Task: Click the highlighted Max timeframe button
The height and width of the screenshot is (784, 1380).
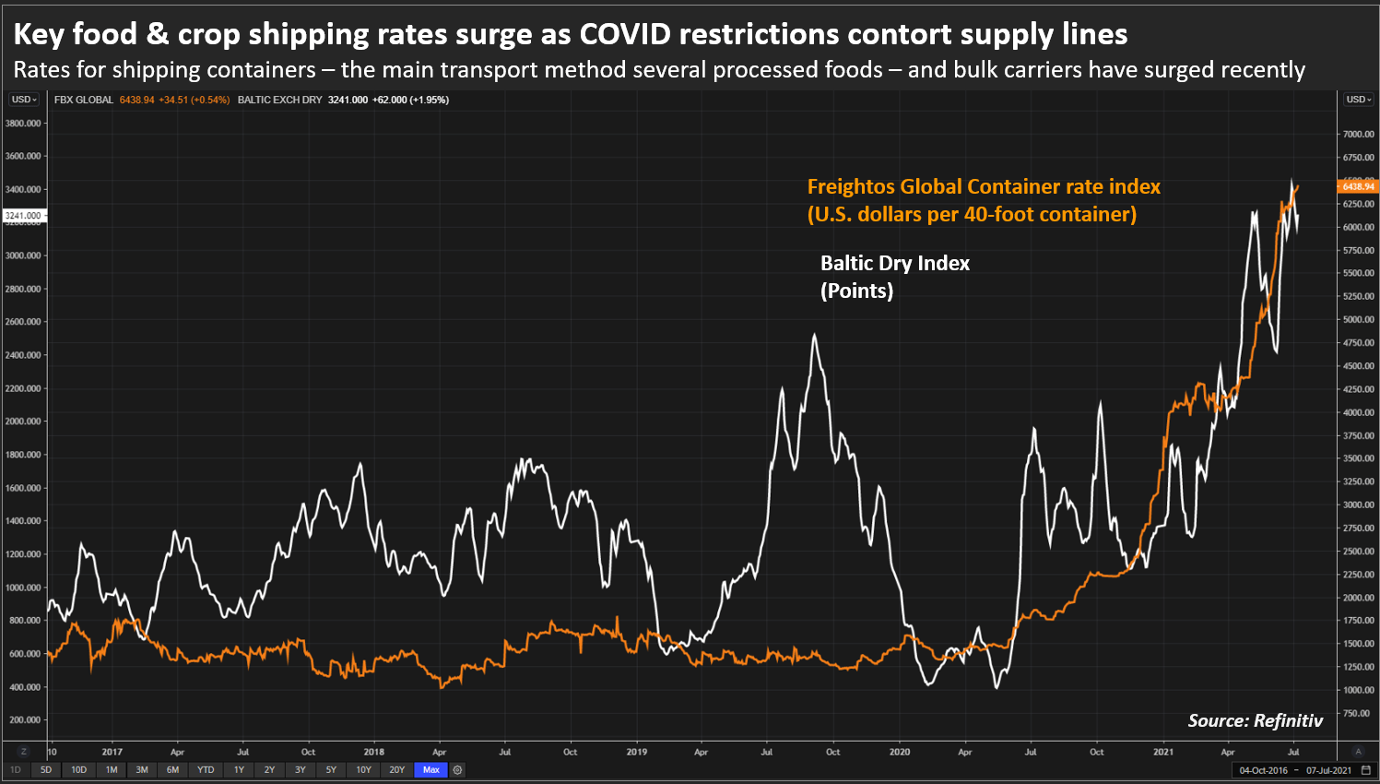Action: click(x=431, y=769)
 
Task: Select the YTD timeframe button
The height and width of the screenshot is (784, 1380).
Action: click(x=206, y=769)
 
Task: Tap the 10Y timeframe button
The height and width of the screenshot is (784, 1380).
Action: click(x=363, y=769)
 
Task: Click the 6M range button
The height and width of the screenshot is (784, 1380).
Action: click(x=172, y=769)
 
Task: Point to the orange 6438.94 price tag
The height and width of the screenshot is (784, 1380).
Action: click(x=1357, y=186)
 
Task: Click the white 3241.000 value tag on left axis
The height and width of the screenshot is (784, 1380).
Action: click(x=23, y=216)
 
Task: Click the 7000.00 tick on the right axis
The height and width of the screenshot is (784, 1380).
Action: click(x=1358, y=135)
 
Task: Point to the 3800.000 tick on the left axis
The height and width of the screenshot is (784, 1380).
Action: click(x=23, y=123)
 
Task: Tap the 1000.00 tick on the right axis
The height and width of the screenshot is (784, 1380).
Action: click(x=1358, y=690)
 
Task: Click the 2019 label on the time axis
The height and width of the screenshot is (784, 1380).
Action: click(x=637, y=752)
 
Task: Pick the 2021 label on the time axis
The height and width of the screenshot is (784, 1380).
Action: click(x=1163, y=752)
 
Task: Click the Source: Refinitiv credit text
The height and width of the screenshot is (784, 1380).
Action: click(x=1255, y=720)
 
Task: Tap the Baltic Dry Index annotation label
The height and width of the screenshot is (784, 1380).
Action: click(x=894, y=264)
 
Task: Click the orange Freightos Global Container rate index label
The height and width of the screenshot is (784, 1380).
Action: click(x=983, y=187)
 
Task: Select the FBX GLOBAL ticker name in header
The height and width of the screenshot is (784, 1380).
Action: click(x=84, y=100)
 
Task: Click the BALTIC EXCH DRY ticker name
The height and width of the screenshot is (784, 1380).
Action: click(x=279, y=100)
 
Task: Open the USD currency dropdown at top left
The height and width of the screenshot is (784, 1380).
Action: click(x=24, y=100)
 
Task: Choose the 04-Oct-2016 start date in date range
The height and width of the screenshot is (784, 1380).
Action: click(x=1263, y=770)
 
